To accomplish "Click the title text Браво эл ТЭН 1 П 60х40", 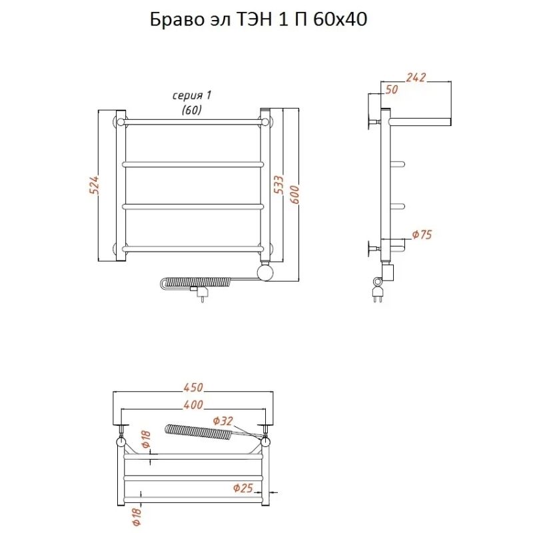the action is coord(259,20).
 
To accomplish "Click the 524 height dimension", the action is coord(94,185).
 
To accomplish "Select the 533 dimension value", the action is coord(278,185).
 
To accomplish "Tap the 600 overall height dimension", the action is coord(294,195).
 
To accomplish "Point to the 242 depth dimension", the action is coord(415,77).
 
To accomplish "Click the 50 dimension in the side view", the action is coord(391,89).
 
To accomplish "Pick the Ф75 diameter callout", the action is coord(422,235).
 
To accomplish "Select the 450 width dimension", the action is coord(193,388).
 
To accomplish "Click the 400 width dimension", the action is coord(193,405).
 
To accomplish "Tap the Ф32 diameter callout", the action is coord(223,421).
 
